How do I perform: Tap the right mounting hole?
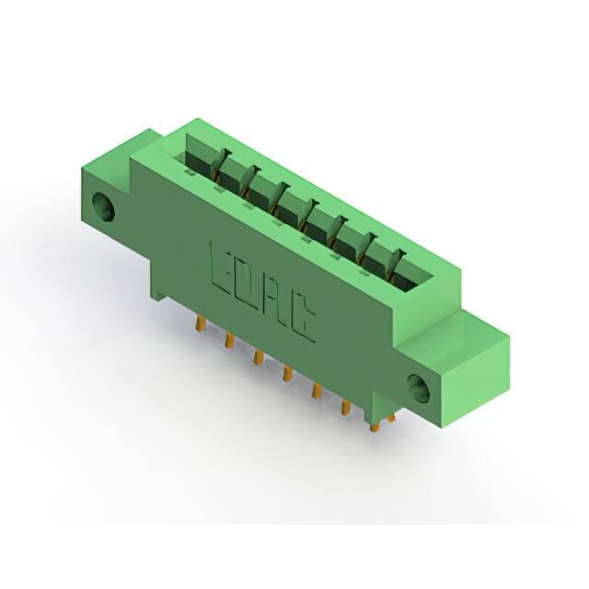(419, 389)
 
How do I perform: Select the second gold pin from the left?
(229, 340)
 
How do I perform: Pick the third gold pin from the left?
(258, 357)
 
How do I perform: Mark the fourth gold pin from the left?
(287, 375)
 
